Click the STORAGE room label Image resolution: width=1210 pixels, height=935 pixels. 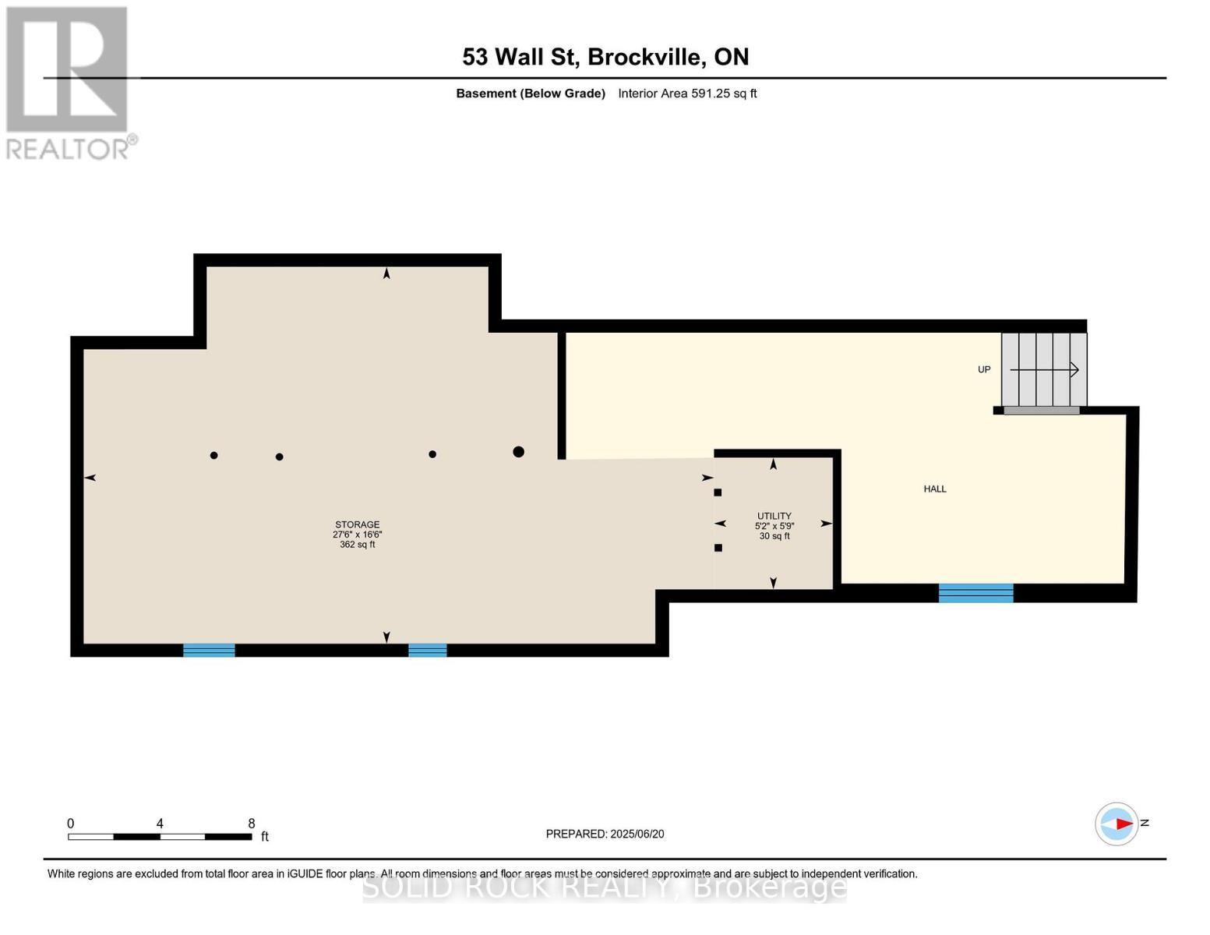pos(358,524)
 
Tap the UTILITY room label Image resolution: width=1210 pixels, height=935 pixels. pos(774,516)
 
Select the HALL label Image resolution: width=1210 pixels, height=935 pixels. pos(935,489)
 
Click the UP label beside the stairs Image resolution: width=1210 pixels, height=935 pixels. pos(984,369)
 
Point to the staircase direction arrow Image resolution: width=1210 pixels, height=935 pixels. pos(1045,369)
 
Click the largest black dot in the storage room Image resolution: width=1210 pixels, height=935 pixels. pos(518,452)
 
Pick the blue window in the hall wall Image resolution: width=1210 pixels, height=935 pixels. pos(975,593)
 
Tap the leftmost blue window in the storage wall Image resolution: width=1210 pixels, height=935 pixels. pos(209,650)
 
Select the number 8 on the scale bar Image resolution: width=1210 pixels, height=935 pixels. pos(251,824)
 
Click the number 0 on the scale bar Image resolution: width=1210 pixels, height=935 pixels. pos(71,824)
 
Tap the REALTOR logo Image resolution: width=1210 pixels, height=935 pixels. pos(69,83)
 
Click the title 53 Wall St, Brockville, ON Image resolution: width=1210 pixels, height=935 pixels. pos(605,57)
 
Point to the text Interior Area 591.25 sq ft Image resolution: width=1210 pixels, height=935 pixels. pos(687,93)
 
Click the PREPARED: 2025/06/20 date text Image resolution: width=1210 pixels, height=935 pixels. pos(605,834)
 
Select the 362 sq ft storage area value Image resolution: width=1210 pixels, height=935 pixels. pos(358,545)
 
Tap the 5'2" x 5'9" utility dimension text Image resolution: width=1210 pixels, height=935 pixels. pos(774,526)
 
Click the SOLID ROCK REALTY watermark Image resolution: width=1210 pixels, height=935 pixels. pos(605,887)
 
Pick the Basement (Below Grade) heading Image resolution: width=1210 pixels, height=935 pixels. pos(531,93)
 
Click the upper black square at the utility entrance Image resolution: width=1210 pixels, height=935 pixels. pos(718,492)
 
